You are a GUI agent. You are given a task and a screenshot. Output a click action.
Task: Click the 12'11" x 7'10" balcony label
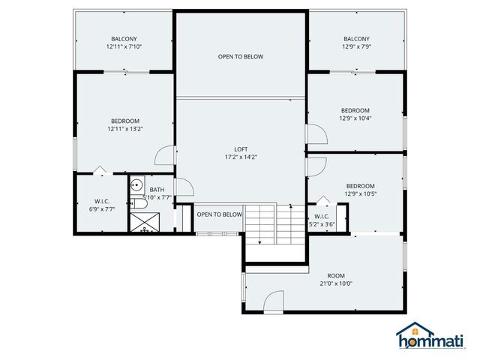(124, 43)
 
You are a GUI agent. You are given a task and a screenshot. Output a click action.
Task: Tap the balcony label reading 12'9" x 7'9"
(356, 43)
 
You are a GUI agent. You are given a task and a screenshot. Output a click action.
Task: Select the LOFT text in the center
(241, 153)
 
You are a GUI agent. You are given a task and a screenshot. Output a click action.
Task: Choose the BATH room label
(157, 190)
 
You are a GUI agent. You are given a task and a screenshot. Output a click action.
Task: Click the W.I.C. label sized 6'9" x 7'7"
(103, 205)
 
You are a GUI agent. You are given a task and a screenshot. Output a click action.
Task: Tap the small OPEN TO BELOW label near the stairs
(219, 214)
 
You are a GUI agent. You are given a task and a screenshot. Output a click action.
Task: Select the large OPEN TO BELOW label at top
(241, 56)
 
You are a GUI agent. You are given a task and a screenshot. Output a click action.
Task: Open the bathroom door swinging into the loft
(183, 190)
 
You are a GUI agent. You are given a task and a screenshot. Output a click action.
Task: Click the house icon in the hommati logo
(409, 331)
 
